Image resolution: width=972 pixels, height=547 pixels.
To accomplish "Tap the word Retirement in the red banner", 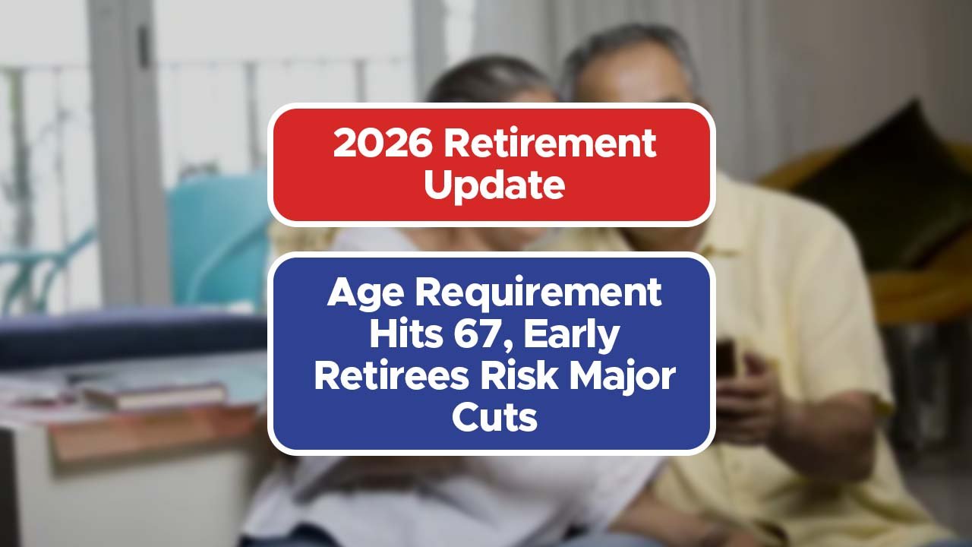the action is click(550, 143).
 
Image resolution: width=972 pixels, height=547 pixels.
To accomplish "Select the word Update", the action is click(494, 186).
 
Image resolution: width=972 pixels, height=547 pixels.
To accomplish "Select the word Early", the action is click(572, 337).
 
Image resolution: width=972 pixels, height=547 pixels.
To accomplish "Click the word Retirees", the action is click(391, 375).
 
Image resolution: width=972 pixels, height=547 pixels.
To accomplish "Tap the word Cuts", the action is click(494, 417).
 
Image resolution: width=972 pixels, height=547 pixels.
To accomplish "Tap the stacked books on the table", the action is click(154, 395).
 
